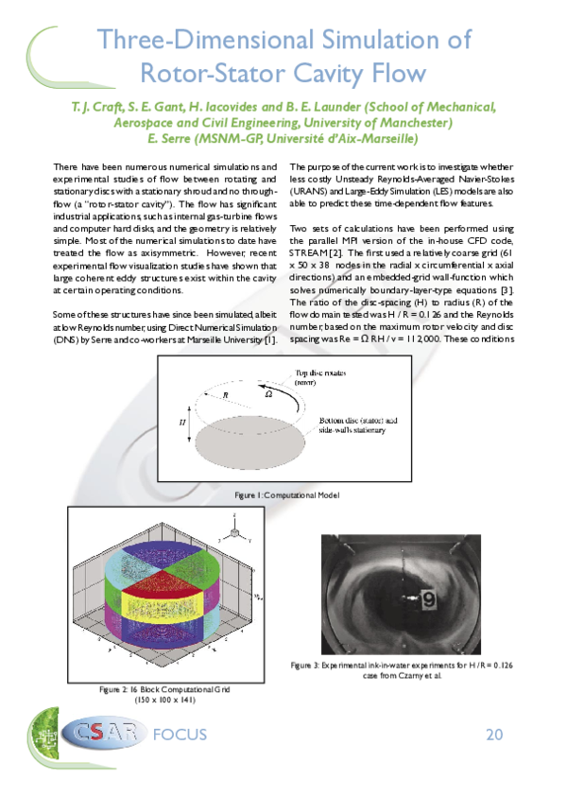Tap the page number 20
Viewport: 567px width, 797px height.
(495, 735)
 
